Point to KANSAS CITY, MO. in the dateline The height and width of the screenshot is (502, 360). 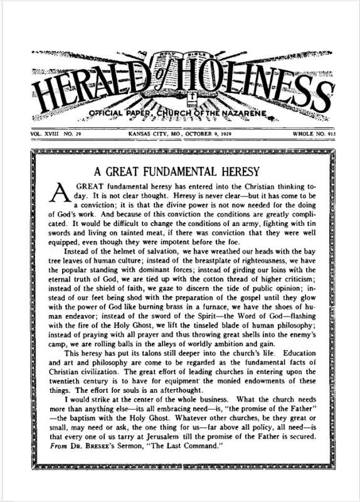point(144,135)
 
